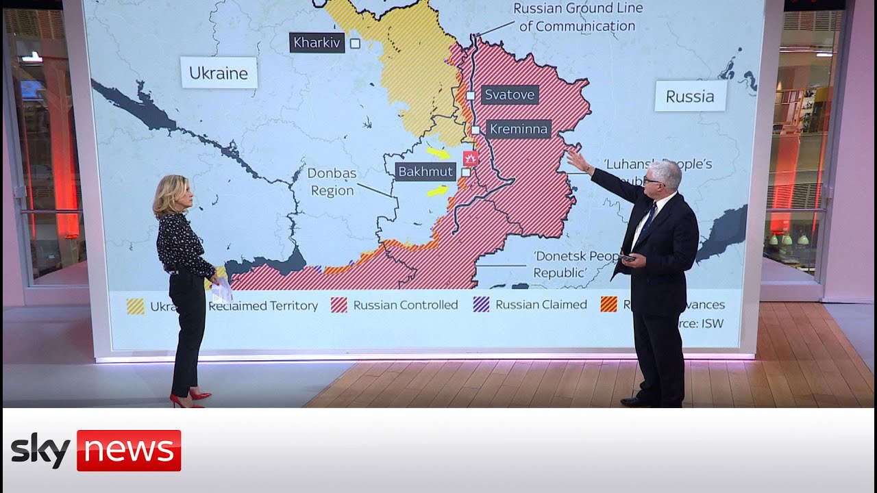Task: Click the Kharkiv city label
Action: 317,42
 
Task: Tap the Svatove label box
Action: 510,94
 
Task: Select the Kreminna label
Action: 519,129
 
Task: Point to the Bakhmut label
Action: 426,171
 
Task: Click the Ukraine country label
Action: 219,73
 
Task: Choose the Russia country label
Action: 690,96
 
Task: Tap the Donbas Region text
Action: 332,182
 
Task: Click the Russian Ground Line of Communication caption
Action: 578,17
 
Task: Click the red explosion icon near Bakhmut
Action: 470,159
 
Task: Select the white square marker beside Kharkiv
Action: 355,43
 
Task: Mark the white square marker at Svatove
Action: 471,95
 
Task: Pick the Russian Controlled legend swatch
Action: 339,305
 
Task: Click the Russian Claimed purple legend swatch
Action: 482,305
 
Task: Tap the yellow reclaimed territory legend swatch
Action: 136,306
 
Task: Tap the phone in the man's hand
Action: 628,258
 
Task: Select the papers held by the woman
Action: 221,292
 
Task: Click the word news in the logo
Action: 128,451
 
